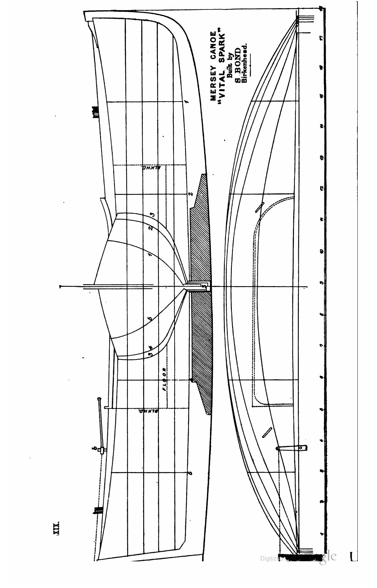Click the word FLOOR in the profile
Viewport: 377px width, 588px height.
[164, 379]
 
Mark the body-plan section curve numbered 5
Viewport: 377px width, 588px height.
[151, 319]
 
